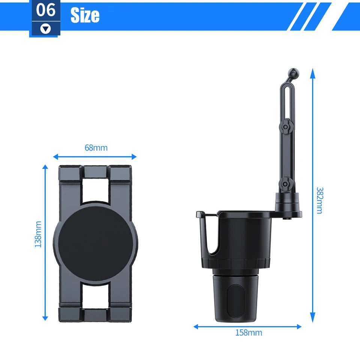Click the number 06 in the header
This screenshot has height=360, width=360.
(x=46, y=10)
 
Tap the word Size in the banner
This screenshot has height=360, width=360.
(x=85, y=15)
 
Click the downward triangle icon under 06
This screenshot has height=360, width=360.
(x=46, y=29)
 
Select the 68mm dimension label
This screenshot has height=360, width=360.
(x=96, y=148)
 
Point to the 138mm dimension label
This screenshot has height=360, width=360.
(x=38, y=234)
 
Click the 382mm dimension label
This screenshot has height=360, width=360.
(x=319, y=200)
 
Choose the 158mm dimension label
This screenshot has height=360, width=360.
(x=249, y=333)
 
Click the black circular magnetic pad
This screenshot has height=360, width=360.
(x=95, y=243)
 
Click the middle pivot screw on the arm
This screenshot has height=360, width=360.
(x=285, y=127)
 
